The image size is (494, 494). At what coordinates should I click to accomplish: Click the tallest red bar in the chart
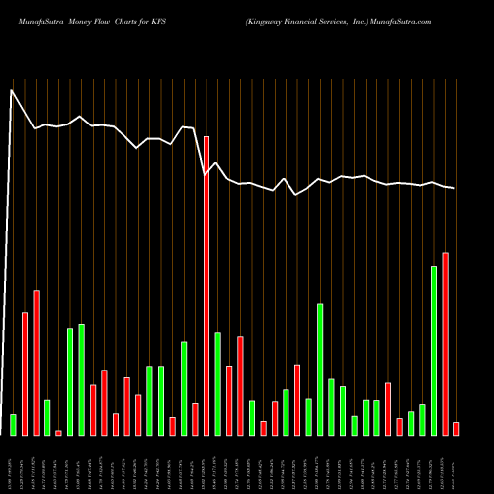click(x=206, y=286)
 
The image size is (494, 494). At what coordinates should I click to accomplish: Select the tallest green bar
click(x=433, y=350)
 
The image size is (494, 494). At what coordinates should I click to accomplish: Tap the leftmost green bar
click(x=13, y=424)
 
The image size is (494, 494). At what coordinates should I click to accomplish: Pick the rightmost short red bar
click(x=456, y=428)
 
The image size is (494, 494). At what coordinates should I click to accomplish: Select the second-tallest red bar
click(x=445, y=344)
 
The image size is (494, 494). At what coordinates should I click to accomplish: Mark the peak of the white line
click(x=12, y=91)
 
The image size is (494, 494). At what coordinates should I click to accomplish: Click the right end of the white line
click(x=455, y=188)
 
